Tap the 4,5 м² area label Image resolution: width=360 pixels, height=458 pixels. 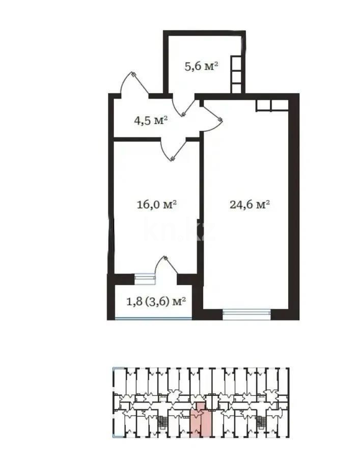151,121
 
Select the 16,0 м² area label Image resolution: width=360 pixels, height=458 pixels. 157,205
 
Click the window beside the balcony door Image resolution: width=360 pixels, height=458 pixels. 144,278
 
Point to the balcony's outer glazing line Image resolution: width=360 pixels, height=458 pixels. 153,318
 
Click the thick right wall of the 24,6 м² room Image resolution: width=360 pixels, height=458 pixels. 294,204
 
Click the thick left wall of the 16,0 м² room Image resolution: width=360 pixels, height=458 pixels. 110,204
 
